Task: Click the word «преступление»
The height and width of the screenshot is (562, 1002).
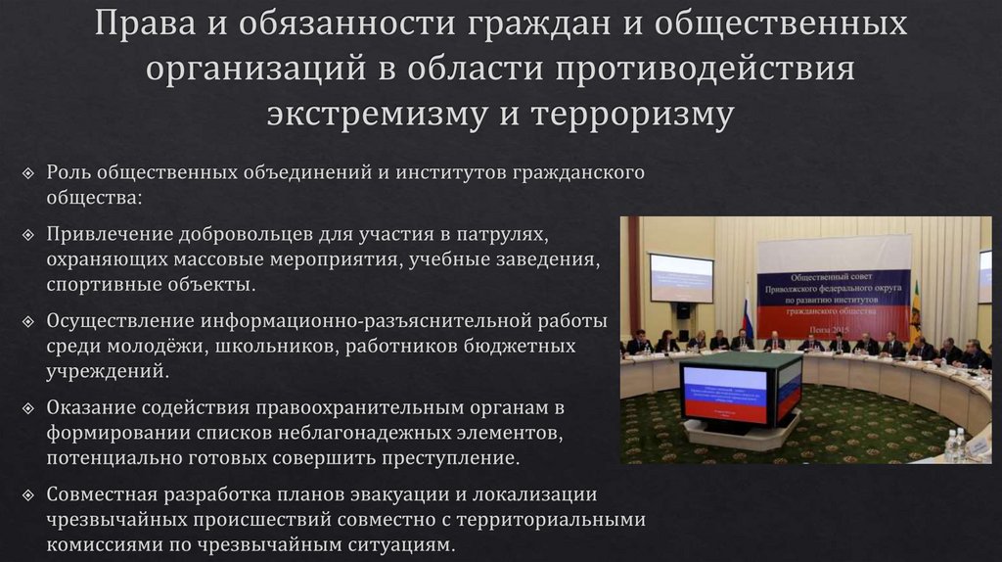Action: click(x=461, y=457)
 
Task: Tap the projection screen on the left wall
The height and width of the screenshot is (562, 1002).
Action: click(x=681, y=278)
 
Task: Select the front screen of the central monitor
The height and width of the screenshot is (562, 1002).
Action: click(x=723, y=394)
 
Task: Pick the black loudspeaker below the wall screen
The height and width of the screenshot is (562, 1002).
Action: click(x=683, y=310)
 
